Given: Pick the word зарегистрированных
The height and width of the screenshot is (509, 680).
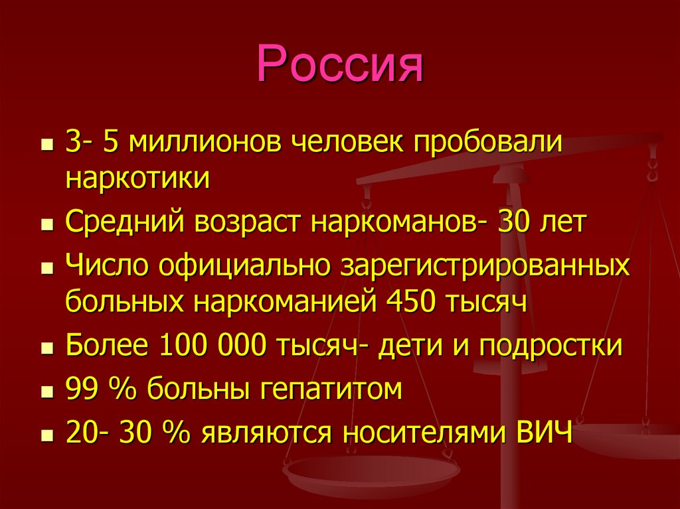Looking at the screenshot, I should tap(484, 266).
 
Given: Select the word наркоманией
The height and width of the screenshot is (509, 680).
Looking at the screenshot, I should tap(286, 303).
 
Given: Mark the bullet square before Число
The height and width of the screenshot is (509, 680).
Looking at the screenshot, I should tap(46, 268).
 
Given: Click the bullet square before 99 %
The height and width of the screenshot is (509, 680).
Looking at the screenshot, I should tap(46, 392).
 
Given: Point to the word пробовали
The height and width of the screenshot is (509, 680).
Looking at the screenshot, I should tap(489, 144).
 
